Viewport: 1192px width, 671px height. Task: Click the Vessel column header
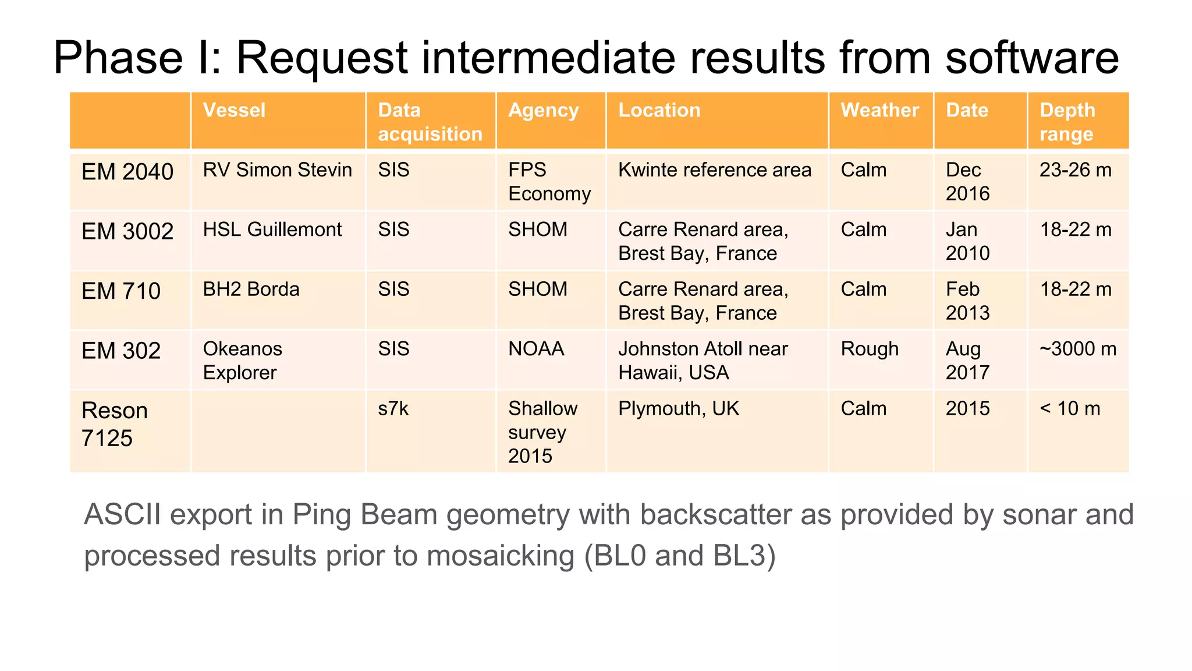coord(234,110)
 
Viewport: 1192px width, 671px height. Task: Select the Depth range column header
coord(1067,122)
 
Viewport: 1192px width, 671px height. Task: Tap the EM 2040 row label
coord(127,172)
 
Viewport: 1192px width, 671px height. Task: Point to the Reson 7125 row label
coord(115,424)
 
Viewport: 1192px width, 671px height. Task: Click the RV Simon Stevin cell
coord(277,170)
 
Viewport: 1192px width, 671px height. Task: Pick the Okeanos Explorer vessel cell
coord(242,361)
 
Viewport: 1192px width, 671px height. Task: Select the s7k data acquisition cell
coord(393,408)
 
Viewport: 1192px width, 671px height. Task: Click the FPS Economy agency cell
coord(549,182)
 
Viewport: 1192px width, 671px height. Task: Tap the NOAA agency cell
coord(536,349)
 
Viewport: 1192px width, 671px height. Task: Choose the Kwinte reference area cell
coord(714,170)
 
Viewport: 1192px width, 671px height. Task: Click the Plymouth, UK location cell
coord(678,408)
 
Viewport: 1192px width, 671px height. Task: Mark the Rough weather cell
coord(870,349)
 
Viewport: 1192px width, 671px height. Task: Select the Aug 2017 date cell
coord(967,361)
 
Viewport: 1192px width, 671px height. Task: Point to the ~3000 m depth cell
coord(1077,349)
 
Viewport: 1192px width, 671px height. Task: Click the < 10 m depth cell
coord(1070,408)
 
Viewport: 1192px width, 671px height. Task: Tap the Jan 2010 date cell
coord(967,241)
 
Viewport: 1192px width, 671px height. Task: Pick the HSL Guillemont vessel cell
coord(272,229)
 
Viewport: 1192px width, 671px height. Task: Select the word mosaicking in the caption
coord(501,555)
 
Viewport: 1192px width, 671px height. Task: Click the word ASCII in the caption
coord(122,515)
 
